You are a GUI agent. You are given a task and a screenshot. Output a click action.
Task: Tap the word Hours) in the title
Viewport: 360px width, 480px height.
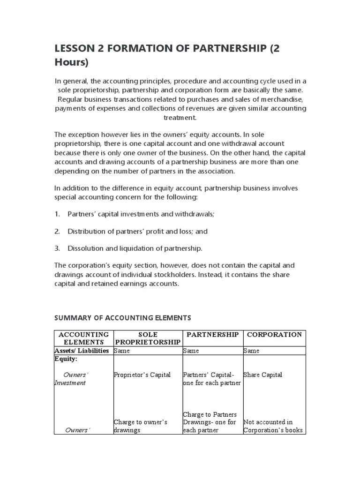click(71, 63)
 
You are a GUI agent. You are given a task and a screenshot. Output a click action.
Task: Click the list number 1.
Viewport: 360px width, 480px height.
click(57, 214)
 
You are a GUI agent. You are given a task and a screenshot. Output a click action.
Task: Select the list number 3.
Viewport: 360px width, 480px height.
click(57, 248)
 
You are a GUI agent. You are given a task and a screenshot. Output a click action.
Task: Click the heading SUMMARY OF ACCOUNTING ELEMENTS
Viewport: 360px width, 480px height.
click(123, 318)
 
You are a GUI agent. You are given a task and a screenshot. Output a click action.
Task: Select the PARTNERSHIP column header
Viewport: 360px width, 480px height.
click(212, 335)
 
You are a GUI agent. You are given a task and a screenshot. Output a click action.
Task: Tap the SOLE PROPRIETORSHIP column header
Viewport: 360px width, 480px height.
click(148, 338)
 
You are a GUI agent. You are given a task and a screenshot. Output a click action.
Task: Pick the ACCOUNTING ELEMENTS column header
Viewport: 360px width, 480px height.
click(83, 338)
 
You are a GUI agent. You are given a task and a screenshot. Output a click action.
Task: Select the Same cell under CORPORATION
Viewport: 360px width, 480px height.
click(251, 351)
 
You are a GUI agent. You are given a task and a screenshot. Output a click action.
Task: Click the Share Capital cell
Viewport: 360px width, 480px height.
click(262, 375)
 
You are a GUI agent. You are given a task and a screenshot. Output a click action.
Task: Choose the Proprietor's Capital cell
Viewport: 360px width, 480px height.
click(142, 375)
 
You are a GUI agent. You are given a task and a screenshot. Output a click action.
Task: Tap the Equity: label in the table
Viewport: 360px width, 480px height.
click(66, 359)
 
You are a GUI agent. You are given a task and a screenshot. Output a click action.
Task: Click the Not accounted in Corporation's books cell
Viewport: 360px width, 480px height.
click(273, 426)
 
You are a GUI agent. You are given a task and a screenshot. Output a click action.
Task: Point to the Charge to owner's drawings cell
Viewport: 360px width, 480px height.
click(140, 426)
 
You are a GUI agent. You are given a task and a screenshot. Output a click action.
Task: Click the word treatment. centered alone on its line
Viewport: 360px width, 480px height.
click(180, 118)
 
